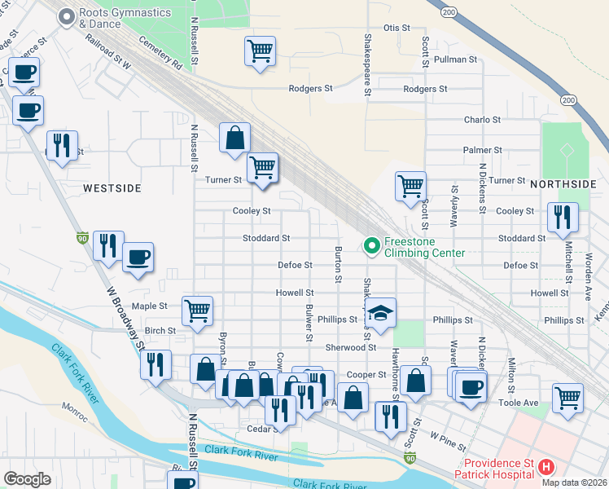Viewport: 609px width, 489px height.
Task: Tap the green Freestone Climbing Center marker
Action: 371,244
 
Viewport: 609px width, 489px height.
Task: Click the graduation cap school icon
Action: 379,313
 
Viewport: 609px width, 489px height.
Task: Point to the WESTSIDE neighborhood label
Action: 112,188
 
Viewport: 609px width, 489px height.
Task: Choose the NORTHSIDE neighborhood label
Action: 563,185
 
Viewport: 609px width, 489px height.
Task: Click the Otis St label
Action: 397,28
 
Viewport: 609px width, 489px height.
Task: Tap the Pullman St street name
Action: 455,59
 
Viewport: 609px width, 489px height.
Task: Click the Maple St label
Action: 149,306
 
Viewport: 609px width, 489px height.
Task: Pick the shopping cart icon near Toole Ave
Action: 568,399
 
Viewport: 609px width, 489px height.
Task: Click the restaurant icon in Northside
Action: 563,218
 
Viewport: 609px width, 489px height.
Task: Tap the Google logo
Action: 27,479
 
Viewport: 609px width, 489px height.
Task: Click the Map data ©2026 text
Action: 573,482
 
